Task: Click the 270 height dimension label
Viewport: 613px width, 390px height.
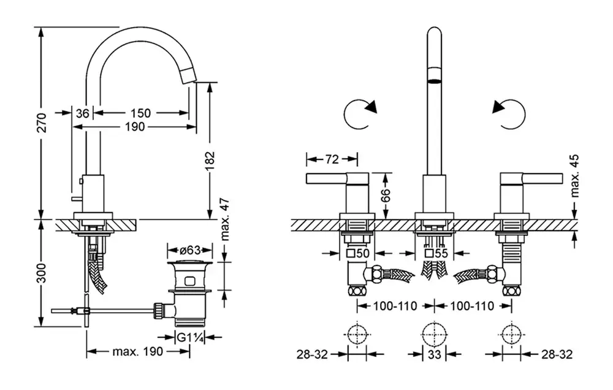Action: [41, 123]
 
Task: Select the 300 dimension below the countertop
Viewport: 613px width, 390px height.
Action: [41, 274]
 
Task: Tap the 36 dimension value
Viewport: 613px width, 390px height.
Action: [83, 113]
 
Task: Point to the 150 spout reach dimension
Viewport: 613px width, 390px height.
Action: [140, 113]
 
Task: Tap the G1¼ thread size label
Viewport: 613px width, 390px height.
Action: [189, 337]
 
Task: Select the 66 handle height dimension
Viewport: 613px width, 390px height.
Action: [385, 195]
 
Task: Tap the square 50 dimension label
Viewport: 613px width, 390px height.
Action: [359, 253]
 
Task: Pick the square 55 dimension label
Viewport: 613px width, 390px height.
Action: [437, 253]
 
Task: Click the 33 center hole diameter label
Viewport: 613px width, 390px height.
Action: [434, 354]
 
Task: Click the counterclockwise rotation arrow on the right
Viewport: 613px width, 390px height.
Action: [509, 113]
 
